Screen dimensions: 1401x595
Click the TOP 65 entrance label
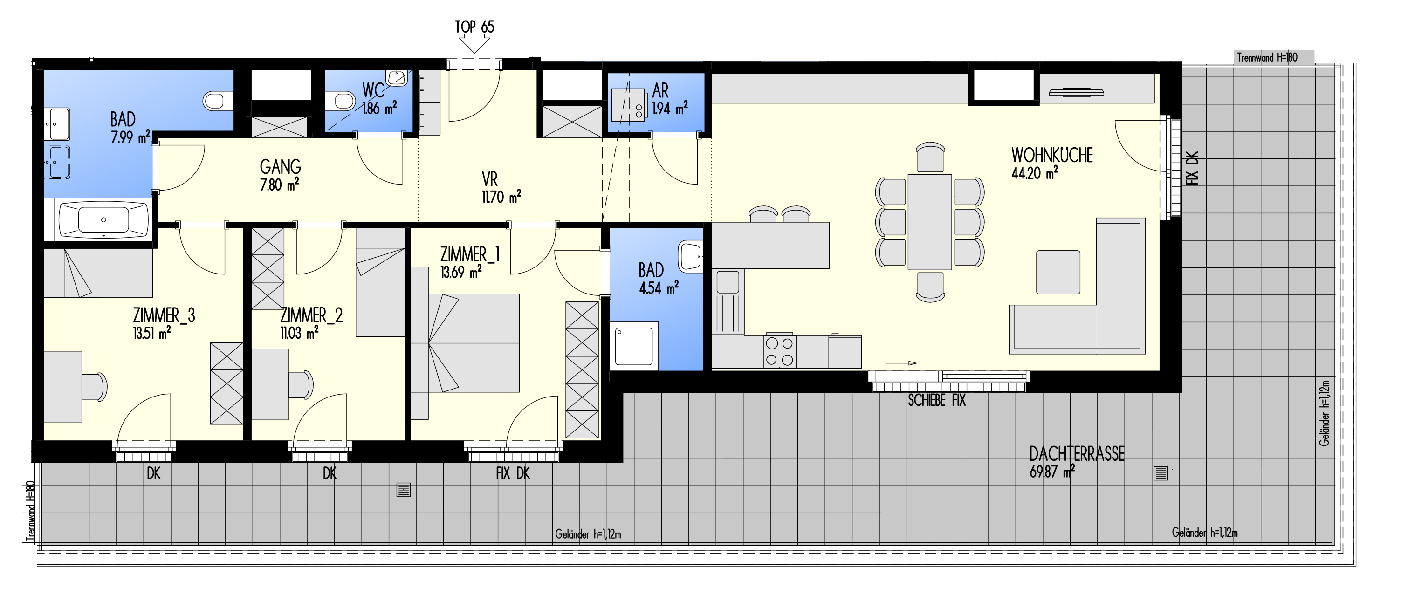click(x=474, y=27)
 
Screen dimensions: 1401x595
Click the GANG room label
click(x=281, y=166)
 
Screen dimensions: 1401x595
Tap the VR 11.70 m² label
click(x=501, y=188)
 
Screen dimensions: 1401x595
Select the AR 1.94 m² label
click(x=669, y=99)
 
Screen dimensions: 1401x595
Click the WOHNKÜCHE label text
click(x=1052, y=156)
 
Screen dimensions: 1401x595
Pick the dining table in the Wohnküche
click(x=929, y=222)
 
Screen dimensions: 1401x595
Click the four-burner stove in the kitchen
click(x=779, y=351)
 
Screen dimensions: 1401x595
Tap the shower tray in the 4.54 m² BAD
click(x=634, y=346)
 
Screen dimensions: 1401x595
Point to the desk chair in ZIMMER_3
click(x=95, y=387)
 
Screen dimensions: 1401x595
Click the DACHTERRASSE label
click(x=1077, y=454)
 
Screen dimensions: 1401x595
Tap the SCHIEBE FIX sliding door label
click(x=936, y=401)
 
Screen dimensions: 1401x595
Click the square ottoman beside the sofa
click(x=1058, y=273)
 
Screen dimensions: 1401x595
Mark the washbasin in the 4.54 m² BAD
click(x=690, y=256)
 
